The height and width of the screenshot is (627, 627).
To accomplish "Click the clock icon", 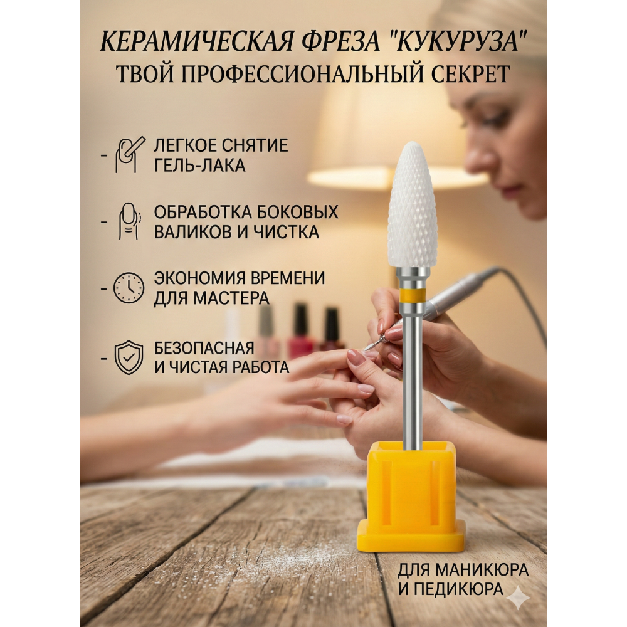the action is [x=129, y=288].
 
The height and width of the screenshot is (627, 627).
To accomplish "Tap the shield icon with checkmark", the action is [x=129, y=357].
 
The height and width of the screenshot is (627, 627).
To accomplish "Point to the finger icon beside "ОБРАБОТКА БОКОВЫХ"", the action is [x=129, y=221].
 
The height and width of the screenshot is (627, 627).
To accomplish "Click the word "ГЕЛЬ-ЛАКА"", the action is [x=199, y=165].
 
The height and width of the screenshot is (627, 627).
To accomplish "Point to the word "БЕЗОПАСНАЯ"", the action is [x=204, y=348].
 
